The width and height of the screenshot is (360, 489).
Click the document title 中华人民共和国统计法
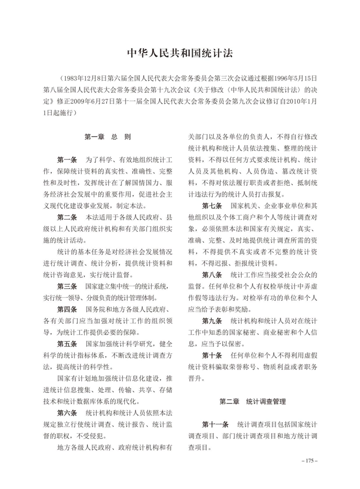pyautogui.click(x=180, y=53)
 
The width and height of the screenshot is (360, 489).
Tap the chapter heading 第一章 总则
pyautogui.click(x=108, y=136)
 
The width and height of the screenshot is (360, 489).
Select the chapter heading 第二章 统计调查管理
pyautogui.click(x=252, y=401)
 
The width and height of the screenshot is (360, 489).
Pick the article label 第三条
pyautogui.click(x=67, y=287)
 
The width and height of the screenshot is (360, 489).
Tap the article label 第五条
pyautogui.click(x=67, y=345)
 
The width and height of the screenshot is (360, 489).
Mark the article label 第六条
pyautogui.click(x=67, y=414)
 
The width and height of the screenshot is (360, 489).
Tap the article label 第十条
pyautogui.click(x=212, y=355)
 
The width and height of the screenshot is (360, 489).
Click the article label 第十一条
pyautogui.click(x=216, y=425)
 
